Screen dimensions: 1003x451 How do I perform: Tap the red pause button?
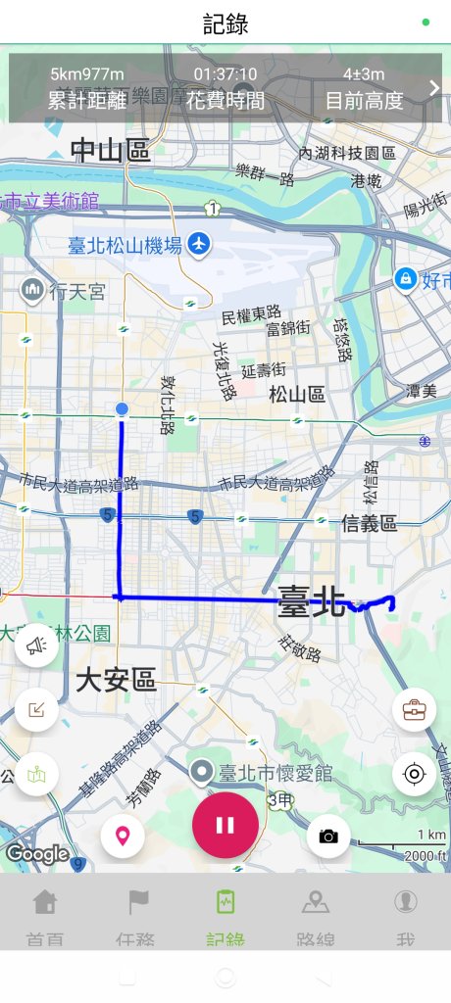[x=225, y=825]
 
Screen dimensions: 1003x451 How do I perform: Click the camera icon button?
[x=328, y=836]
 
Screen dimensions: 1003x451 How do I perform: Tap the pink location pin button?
[x=123, y=836]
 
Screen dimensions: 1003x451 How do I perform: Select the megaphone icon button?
[x=36, y=645]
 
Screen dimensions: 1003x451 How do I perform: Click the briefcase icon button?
[x=414, y=709]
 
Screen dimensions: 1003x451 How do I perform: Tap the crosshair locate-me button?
[x=414, y=775]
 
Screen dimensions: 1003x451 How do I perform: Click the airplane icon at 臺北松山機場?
[x=200, y=243]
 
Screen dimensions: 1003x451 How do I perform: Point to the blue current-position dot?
[x=122, y=408]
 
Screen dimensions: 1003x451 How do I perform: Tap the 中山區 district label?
[x=110, y=151]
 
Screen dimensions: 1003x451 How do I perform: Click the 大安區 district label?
[x=116, y=680]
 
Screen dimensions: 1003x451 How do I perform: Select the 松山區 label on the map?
[x=297, y=394]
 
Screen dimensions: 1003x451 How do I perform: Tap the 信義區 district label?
[x=369, y=524]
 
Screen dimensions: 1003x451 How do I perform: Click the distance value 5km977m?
[x=88, y=74]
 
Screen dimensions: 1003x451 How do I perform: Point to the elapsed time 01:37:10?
[x=225, y=74]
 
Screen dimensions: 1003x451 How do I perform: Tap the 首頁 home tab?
[x=45, y=916]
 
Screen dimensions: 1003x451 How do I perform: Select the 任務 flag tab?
[x=135, y=916]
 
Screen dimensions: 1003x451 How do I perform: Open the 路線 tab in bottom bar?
[x=316, y=916]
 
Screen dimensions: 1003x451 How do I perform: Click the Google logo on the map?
[x=37, y=854]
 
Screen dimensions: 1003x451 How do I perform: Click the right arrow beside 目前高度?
[x=434, y=88]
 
